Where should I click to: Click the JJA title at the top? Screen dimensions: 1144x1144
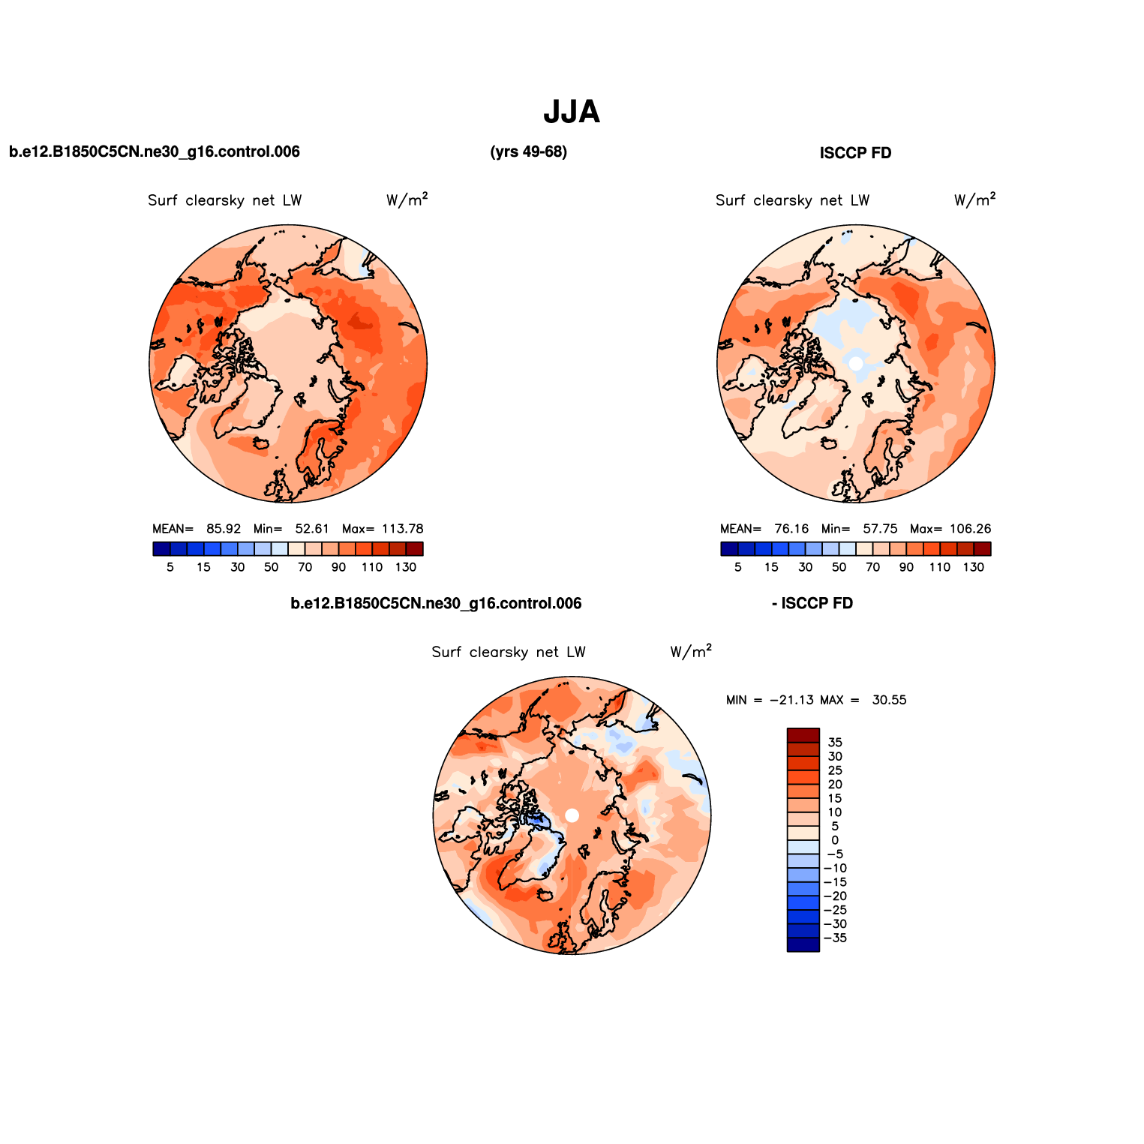pyautogui.click(x=572, y=113)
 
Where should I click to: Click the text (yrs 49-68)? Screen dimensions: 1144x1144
pyautogui.click(x=528, y=152)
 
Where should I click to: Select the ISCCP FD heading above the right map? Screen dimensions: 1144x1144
pyautogui.click(x=855, y=153)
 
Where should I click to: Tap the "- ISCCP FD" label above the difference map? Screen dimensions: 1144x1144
pyautogui.click(x=812, y=604)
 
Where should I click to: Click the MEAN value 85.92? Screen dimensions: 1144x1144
pyautogui.click(x=224, y=529)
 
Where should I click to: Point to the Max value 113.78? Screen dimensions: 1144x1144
pyautogui.click(x=403, y=529)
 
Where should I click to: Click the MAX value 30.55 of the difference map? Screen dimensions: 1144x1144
pyautogui.click(x=889, y=700)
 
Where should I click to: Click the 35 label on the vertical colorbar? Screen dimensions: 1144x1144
pyautogui.click(x=835, y=743)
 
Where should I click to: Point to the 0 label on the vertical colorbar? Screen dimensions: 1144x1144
pyautogui.click(x=835, y=840)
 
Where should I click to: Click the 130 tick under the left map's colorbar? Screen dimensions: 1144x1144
pyautogui.click(x=406, y=567)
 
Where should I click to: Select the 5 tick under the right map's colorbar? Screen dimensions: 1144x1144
pyautogui.click(x=738, y=567)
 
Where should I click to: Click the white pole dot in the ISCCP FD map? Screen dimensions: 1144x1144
pyautogui.click(x=856, y=363)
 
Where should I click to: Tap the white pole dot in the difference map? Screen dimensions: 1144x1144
pyautogui.click(x=572, y=815)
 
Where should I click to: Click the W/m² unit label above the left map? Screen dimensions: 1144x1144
pyautogui.click(x=407, y=200)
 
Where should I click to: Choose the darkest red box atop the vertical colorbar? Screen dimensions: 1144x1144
pyautogui.click(x=803, y=735)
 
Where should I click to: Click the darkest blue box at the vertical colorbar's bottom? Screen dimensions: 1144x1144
pyautogui.click(x=803, y=944)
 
